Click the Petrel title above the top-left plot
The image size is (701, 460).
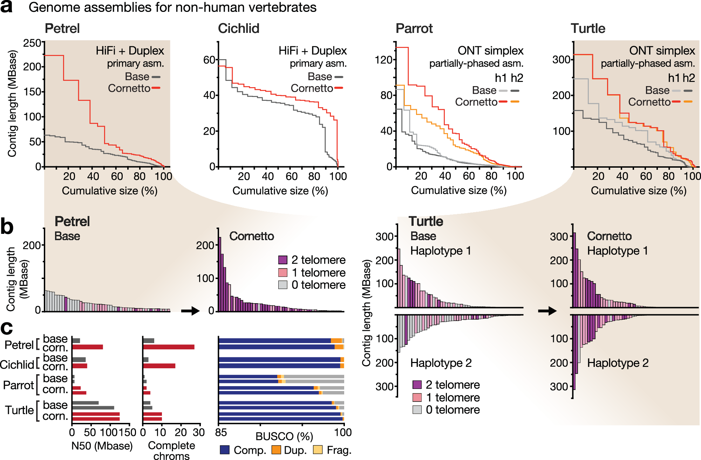tap(62, 28)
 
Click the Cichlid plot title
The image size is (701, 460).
tap(238, 28)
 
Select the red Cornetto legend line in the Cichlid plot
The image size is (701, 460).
tap(339, 88)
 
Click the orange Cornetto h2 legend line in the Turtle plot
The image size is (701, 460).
tap(688, 102)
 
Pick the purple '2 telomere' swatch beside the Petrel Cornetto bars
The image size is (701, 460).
tap(283, 260)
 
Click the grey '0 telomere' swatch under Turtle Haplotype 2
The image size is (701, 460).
tap(417, 410)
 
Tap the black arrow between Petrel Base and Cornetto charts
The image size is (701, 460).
tap(190, 311)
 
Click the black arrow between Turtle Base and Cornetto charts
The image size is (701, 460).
tap(547, 311)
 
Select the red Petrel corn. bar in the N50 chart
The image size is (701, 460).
tap(87, 347)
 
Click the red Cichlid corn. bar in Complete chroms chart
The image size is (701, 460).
tap(159, 366)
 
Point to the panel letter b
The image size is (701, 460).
tap(7, 227)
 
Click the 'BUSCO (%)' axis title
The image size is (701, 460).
tap(284, 436)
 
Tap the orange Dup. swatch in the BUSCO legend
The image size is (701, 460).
tap(276, 450)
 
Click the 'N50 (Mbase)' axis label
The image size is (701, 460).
tap(102, 446)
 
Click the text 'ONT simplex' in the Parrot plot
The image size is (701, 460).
tap(490, 51)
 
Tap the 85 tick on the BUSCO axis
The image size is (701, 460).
tap(221, 432)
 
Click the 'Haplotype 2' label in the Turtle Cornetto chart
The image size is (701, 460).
tap(618, 363)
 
